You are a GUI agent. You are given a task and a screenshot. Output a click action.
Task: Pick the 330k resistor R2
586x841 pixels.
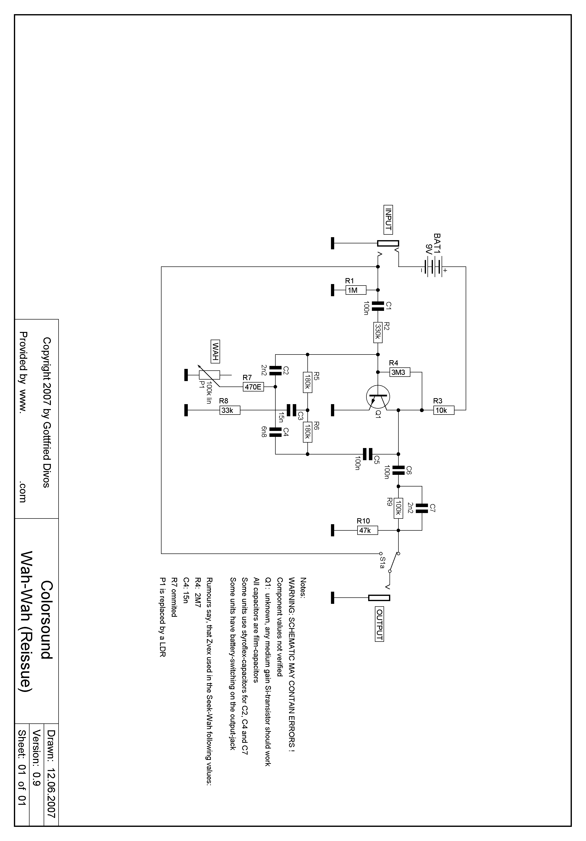pos(378,332)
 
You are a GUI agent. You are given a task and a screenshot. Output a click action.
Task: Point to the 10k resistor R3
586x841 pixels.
pos(444,410)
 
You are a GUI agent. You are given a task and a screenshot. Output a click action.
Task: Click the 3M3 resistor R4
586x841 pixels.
pos(400,372)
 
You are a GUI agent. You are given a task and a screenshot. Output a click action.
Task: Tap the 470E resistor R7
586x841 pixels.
pos(253,387)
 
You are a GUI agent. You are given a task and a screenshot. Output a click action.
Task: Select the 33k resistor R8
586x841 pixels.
pos(230,410)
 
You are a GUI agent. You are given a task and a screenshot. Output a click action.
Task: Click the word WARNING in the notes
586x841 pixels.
pos(292,597)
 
